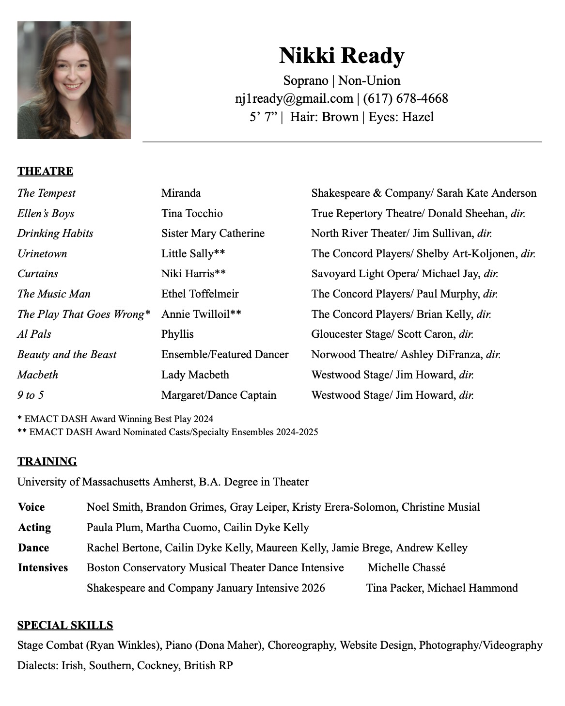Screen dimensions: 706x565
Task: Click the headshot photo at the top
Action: [x=74, y=80]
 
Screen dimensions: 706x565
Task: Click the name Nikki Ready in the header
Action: [x=341, y=55]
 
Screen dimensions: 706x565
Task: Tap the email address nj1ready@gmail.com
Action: [x=294, y=99]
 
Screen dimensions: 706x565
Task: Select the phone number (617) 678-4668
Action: [x=405, y=99]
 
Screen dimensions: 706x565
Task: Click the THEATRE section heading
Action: [x=45, y=172]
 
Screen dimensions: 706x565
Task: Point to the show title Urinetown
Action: [x=42, y=254]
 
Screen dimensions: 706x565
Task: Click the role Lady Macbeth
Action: [x=195, y=375]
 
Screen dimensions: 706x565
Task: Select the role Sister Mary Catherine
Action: [x=213, y=234]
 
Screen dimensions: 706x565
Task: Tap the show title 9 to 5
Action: [x=30, y=395]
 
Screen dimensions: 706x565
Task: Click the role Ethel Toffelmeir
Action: [x=200, y=294]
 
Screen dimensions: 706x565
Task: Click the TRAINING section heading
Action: [x=47, y=461]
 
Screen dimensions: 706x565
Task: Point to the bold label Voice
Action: [x=31, y=507]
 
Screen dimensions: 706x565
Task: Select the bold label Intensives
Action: [x=43, y=568]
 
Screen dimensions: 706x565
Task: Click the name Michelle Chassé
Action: [x=406, y=568]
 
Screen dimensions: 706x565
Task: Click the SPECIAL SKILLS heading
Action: [x=65, y=626]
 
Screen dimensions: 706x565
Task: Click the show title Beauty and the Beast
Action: [x=67, y=355]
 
